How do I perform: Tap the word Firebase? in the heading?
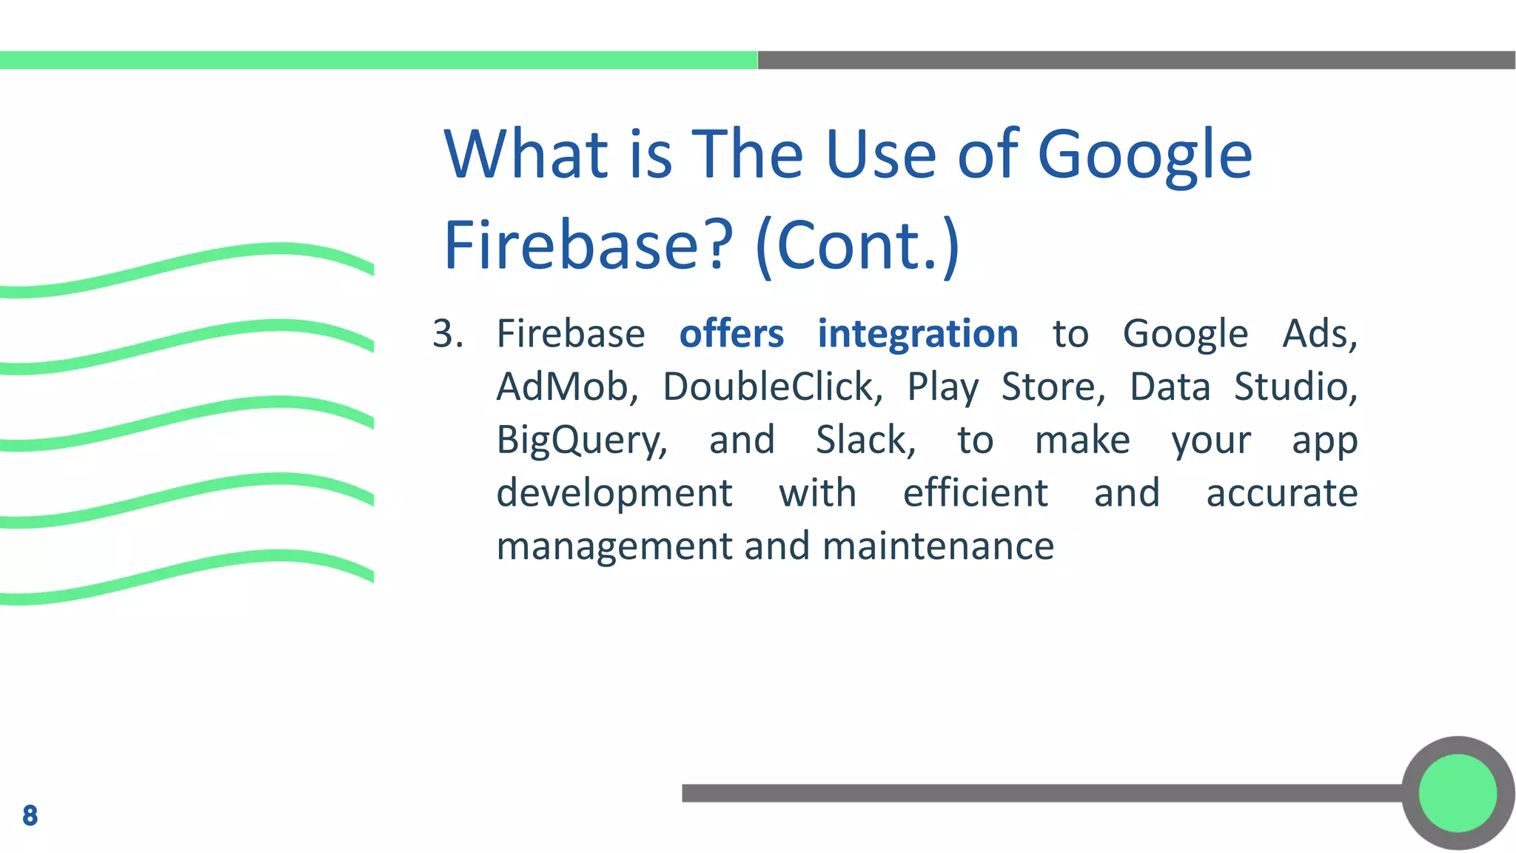588,246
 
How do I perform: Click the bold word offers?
731,334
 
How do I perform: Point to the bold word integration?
917,334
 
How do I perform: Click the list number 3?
447,334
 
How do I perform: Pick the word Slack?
865,441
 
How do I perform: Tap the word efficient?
975,493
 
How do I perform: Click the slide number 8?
30,815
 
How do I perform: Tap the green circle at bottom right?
1458,793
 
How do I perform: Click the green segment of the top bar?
378,60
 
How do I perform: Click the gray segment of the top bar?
1136,60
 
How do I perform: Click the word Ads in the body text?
1318,334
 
